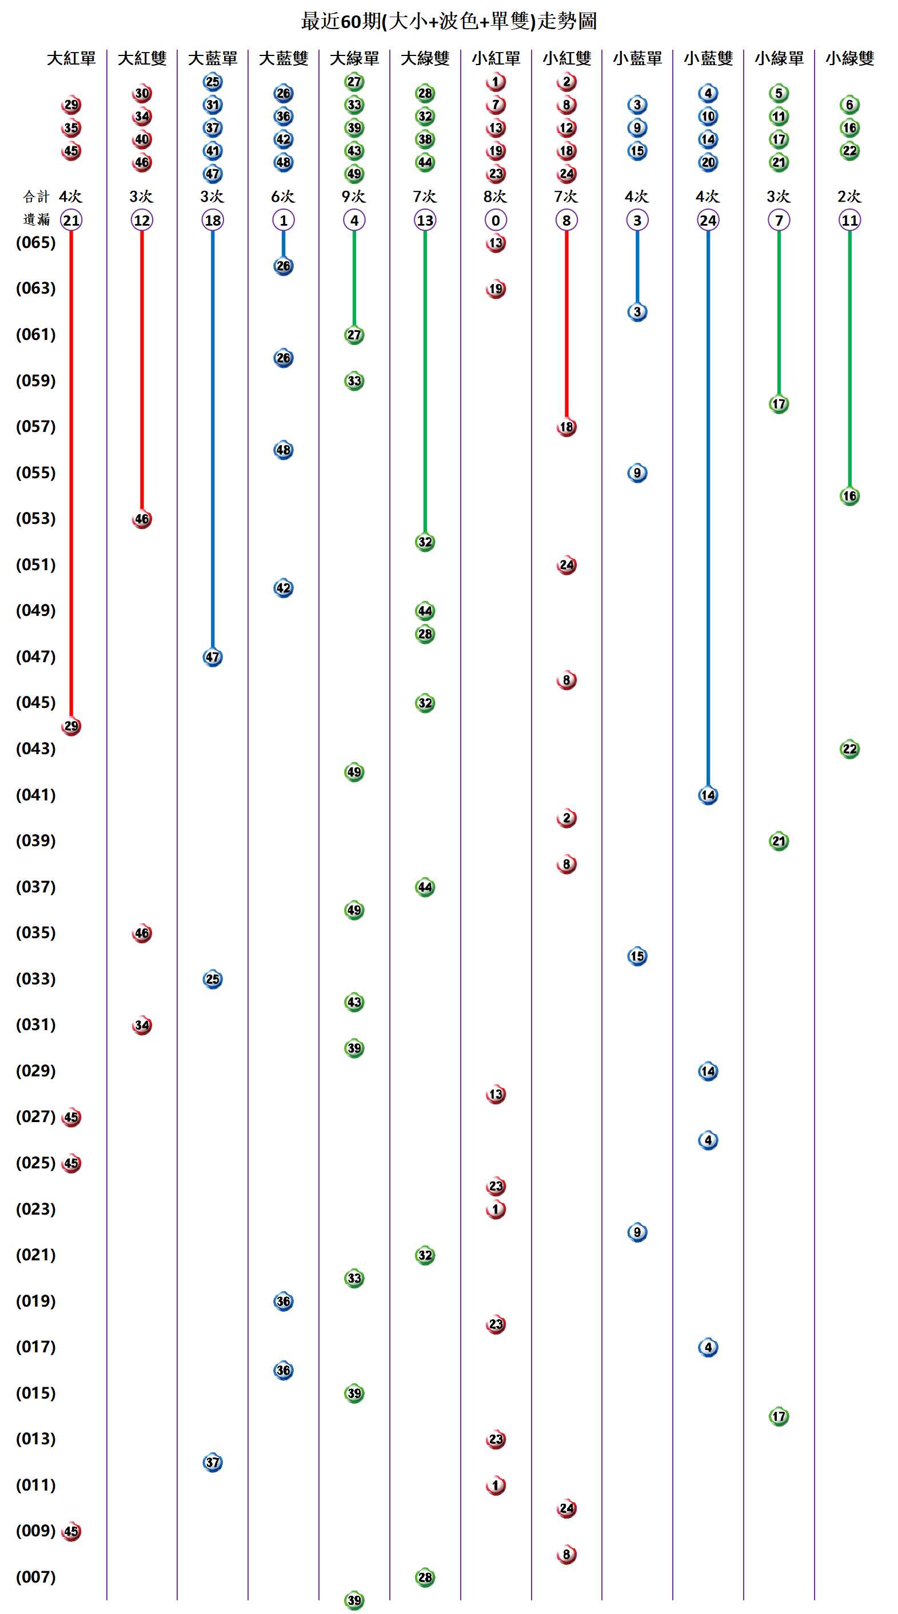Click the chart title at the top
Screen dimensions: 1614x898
click(449, 21)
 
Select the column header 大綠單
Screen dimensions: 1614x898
click(354, 59)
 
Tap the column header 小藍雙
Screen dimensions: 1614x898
click(708, 59)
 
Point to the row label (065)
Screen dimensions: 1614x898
click(35, 242)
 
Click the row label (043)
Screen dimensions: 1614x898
click(35, 749)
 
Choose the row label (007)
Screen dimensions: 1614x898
click(35, 1577)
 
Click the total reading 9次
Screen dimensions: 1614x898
click(354, 197)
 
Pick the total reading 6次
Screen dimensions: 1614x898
click(284, 197)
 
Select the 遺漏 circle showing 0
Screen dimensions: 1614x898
click(496, 220)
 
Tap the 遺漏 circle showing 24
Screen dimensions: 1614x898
click(708, 220)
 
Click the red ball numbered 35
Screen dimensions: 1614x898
click(71, 128)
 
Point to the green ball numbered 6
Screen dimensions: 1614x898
click(850, 105)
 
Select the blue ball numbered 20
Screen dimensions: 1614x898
click(708, 162)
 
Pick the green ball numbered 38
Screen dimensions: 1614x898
click(425, 139)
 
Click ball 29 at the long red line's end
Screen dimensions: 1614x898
click(71, 726)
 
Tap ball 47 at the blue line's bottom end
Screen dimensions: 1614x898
click(213, 657)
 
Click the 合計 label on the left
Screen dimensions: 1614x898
click(35, 197)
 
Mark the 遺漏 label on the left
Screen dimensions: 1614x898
click(35, 220)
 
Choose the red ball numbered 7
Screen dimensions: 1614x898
click(496, 105)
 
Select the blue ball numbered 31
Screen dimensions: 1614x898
click(213, 105)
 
